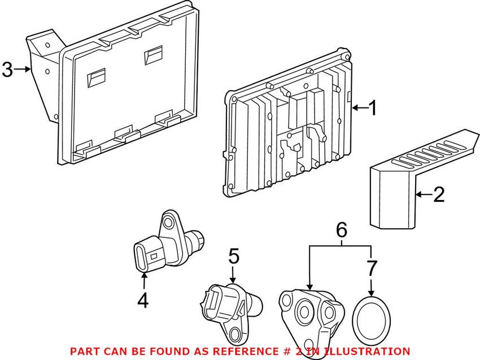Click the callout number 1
[373, 108]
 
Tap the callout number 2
[439, 194]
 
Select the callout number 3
[8, 70]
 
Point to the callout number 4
[143, 300]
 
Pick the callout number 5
[234, 256]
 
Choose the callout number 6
[341, 230]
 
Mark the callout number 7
[372, 268]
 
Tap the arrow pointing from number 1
[360, 107]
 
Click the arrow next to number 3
[23, 70]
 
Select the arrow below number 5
[233, 275]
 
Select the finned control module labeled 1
[288, 122]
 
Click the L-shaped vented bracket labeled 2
[424, 179]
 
